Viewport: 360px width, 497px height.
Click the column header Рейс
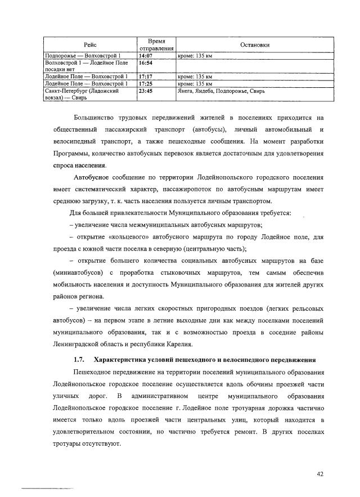coord(90,44)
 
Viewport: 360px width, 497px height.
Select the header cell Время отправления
coord(155,44)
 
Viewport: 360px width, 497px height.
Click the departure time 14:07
coord(147,56)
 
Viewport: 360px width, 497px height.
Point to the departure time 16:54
coord(147,63)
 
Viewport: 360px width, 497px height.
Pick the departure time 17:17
coord(147,77)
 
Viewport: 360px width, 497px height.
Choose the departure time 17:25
coord(147,83)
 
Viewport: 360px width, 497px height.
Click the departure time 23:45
coord(147,90)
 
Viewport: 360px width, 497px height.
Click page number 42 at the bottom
coord(320,474)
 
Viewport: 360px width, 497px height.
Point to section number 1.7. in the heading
coord(79,359)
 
